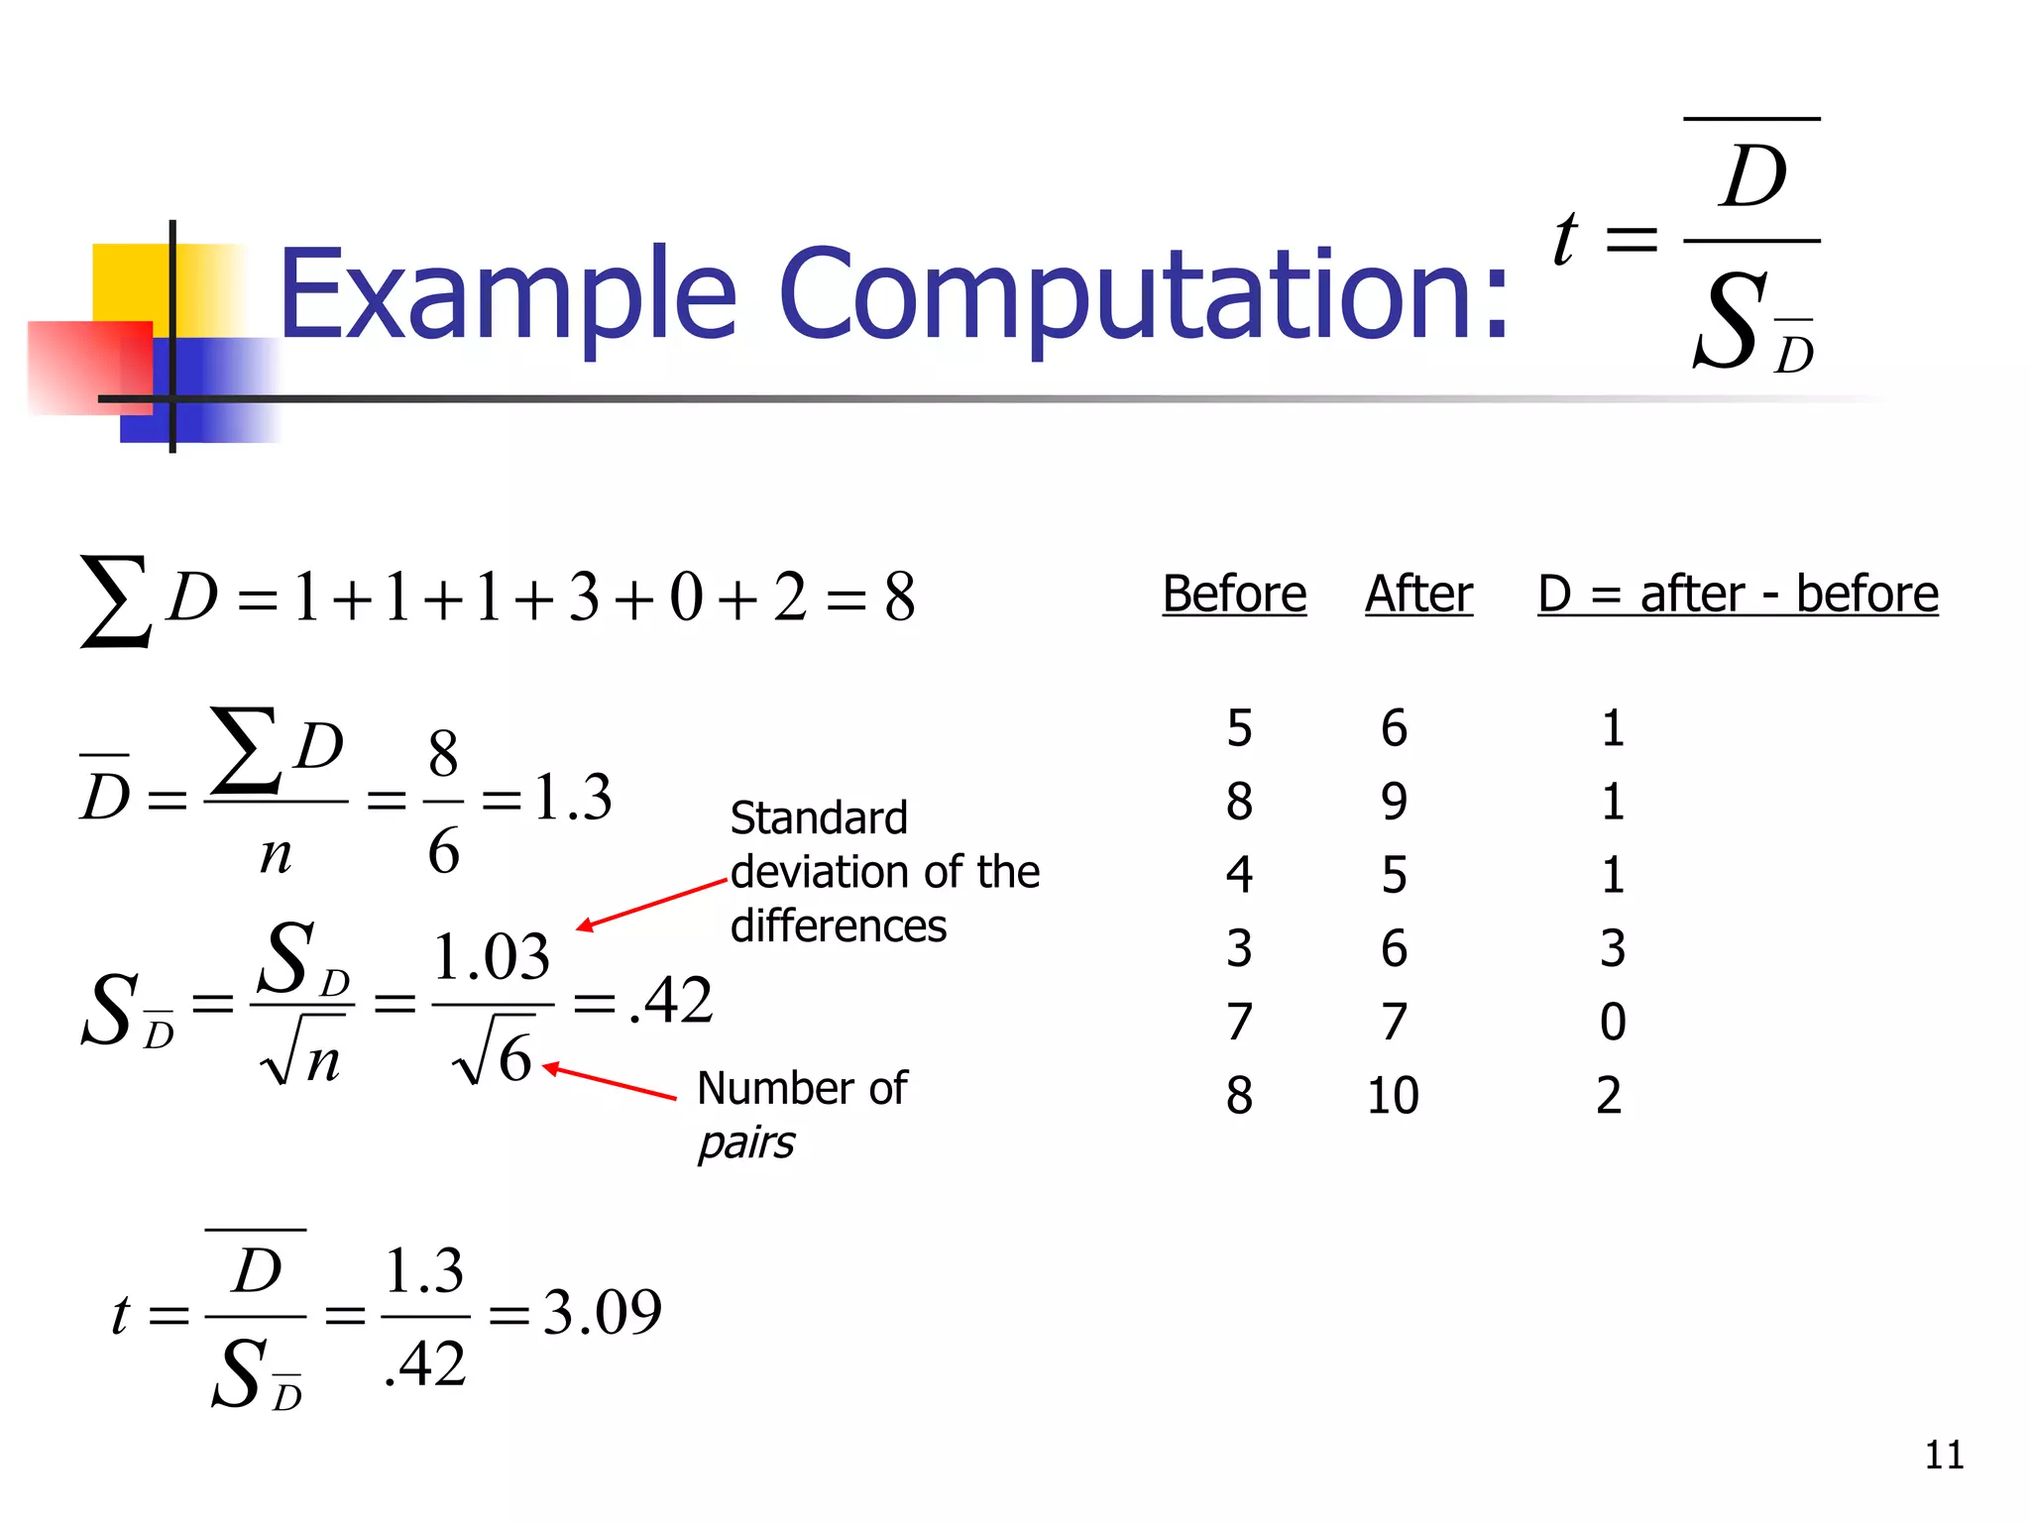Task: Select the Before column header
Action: point(1234,595)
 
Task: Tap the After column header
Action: point(1418,595)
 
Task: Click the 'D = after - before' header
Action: point(1738,595)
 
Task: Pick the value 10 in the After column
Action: point(1393,1096)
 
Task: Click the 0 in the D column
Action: point(1613,1022)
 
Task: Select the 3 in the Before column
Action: point(1239,948)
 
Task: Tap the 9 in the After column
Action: point(1394,802)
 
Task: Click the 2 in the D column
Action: point(1610,1096)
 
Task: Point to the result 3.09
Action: point(603,1312)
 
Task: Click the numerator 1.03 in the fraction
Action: point(492,957)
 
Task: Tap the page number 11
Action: point(1944,1455)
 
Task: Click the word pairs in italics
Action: point(746,1143)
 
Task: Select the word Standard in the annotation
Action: point(819,818)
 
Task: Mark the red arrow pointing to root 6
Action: point(609,1082)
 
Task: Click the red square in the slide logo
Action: point(89,367)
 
